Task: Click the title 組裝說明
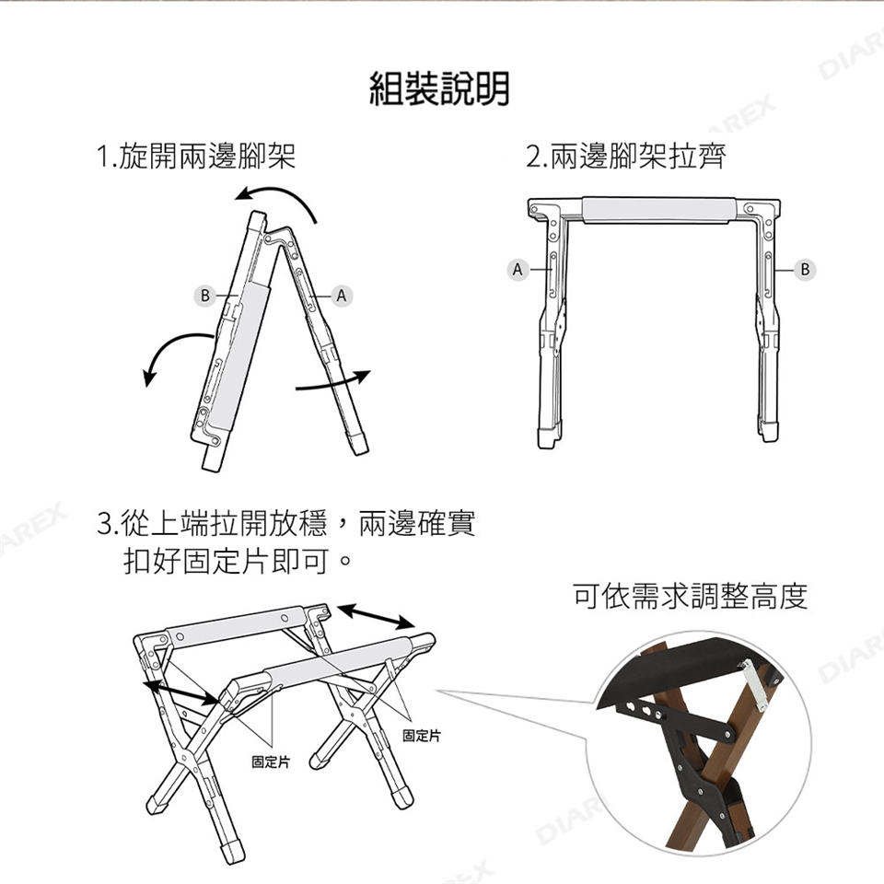(439, 89)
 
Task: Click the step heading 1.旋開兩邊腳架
(196, 156)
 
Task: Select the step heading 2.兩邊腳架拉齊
(626, 156)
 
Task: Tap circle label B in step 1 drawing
(204, 296)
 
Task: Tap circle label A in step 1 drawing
(341, 296)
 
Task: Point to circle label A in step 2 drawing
(518, 270)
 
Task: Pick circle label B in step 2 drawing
(805, 270)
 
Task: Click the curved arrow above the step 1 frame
(282, 192)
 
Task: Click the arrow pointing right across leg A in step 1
(333, 382)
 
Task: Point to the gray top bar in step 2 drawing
(659, 210)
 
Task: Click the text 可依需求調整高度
(691, 597)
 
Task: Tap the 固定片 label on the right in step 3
(422, 735)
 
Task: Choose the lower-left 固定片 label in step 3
(271, 762)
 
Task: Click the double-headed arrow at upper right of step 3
(377, 616)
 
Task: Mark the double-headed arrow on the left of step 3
(180, 692)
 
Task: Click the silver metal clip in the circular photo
(754, 684)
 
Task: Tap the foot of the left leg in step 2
(549, 437)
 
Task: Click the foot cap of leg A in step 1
(357, 443)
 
